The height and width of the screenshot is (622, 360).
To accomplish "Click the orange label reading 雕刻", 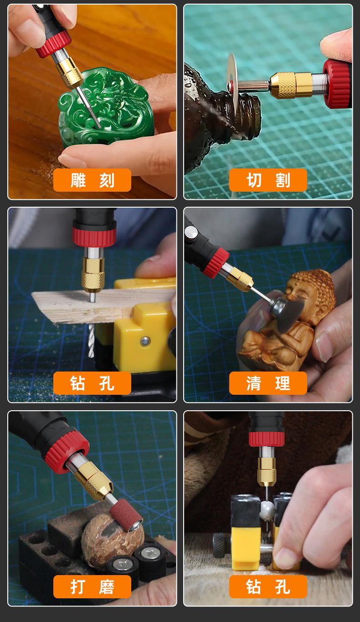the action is [x=92, y=180].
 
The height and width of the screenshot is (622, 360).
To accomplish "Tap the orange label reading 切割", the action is [x=268, y=180].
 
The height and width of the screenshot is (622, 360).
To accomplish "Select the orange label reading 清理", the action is [x=268, y=383].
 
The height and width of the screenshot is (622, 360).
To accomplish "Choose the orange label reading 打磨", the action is [x=92, y=586].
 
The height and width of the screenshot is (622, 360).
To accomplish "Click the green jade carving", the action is [x=105, y=108].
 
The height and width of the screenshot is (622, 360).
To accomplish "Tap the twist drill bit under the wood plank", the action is [x=92, y=340].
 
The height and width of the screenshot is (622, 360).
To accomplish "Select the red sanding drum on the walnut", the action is [x=126, y=515].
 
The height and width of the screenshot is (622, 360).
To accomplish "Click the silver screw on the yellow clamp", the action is [x=145, y=341].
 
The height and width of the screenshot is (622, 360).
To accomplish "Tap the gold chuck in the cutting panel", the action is [x=290, y=85].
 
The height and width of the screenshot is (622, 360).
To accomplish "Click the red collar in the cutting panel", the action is [x=337, y=83].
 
